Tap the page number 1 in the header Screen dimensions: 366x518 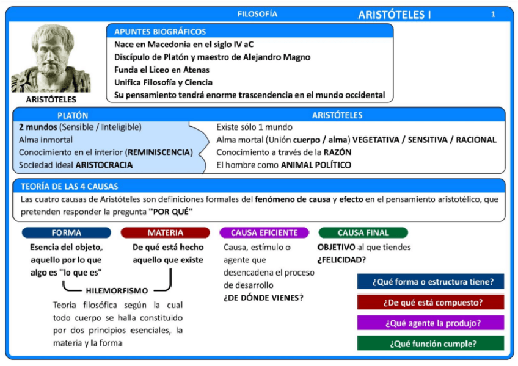click(493, 14)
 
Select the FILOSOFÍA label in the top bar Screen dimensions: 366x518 click(257, 13)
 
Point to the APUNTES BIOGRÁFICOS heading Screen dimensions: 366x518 click(160, 32)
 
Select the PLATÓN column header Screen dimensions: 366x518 click(73, 115)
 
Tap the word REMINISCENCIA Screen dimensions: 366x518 click(161, 152)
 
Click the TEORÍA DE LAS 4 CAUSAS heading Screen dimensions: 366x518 click(69, 186)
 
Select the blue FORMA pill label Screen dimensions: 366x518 click(67, 233)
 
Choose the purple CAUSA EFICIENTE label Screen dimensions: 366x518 click(264, 233)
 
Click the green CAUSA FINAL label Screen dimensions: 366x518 click(363, 233)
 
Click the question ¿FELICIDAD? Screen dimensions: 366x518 click(341, 260)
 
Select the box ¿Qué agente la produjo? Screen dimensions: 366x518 click(431, 323)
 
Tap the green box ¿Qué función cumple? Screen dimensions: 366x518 click(431, 343)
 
